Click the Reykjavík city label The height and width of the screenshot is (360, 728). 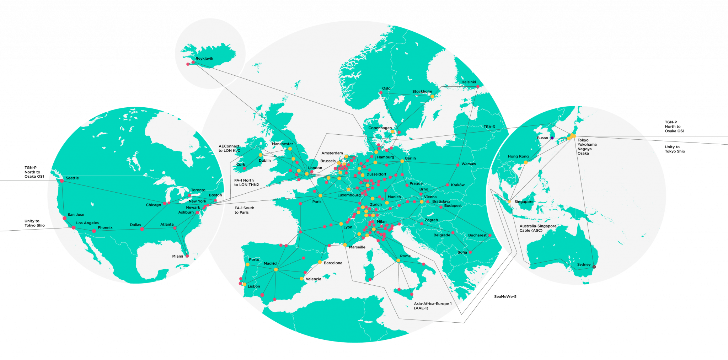(204, 59)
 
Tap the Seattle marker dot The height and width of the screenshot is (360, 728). (62, 181)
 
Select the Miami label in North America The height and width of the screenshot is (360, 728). (178, 256)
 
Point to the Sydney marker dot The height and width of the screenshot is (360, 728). (594, 267)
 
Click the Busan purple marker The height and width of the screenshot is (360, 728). (552, 138)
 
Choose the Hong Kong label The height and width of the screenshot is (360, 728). (518, 156)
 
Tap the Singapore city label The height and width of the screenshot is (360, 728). (524, 202)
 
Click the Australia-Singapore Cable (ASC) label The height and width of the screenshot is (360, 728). (538, 228)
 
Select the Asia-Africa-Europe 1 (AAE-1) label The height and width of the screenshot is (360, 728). (433, 306)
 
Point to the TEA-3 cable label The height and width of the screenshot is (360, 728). (489, 127)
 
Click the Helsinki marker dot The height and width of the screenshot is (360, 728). (478, 86)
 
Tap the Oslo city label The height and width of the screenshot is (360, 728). (386, 88)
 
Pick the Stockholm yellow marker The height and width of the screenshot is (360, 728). (432, 96)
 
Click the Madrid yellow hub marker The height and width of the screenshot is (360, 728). (276, 270)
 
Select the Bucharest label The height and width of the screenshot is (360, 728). (477, 235)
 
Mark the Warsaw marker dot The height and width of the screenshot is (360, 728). (458, 165)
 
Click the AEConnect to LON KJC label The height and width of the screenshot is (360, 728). (229, 149)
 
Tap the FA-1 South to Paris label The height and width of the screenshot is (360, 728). (244, 210)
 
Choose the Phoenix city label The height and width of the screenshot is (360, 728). (105, 227)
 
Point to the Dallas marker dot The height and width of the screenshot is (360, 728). (142, 229)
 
